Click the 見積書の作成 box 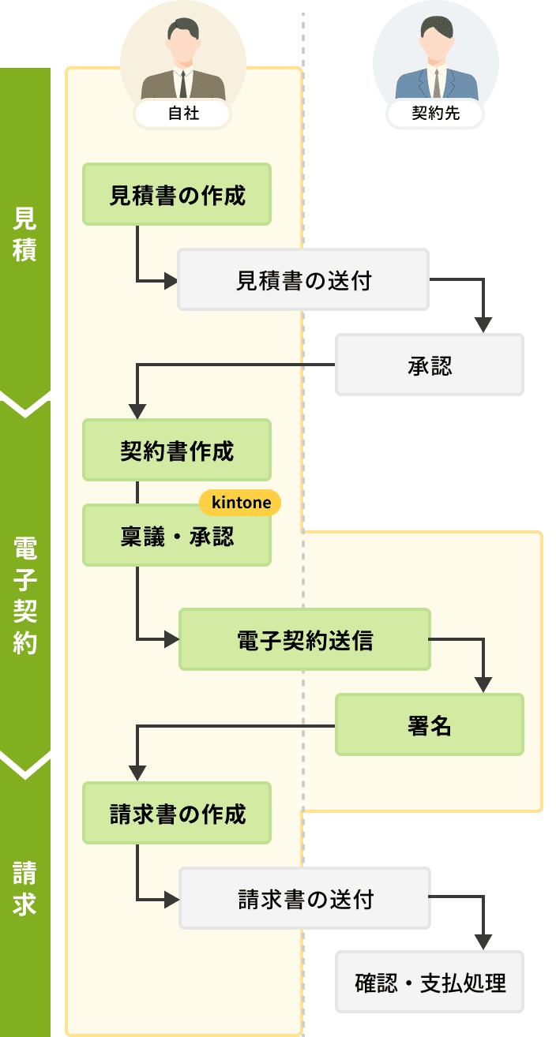pyautogui.click(x=177, y=194)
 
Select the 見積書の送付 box pyautogui.click(x=303, y=279)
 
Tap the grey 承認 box pyautogui.click(x=430, y=365)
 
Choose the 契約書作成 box pyautogui.click(x=177, y=450)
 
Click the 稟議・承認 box pyautogui.click(x=177, y=537)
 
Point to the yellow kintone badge pyautogui.click(x=241, y=503)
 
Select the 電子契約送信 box pyautogui.click(x=305, y=639)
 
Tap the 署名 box pyautogui.click(x=430, y=724)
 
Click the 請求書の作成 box pyautogui.click(x=177, y=813)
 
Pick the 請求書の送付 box pyautogui.click(x=305, y=898)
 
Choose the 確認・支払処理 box pyautogui.click(x=430, y=983)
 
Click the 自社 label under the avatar pyautogui.click(x=183, y=114)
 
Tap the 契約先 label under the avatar pyautogui.click(x=435, y=114)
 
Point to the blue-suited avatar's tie pyautogui.click(x=436, y=82)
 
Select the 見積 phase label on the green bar pyautogui.click(x=24, y=234)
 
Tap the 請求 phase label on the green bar pyautogui.click(x=24, y=888)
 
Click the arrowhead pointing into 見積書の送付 pyautogui.click(x=170, y=280)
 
